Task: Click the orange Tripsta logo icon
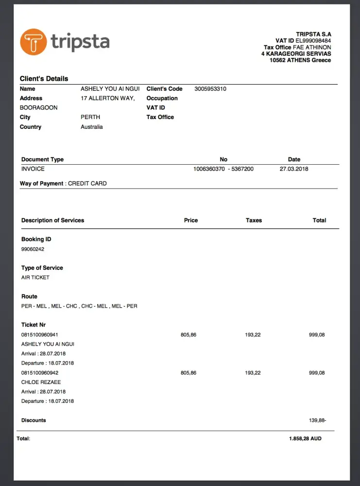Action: pos(33,42)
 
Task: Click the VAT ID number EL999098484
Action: pos(313,41)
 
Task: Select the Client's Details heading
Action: pos(44,79)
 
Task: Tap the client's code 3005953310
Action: pos(210,89)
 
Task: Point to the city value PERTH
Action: pos(90,117)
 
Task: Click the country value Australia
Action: pos(92,127)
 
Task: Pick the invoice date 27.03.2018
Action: pos(294,169)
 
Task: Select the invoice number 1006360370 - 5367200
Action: pos(223,169)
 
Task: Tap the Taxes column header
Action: pos(254,220)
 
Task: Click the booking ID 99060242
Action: pos(33,249)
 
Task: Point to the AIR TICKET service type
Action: pos(35,278)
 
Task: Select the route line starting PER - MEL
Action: pos(79,306)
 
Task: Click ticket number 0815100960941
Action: pos(40,334)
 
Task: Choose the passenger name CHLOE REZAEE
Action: pos(41,382)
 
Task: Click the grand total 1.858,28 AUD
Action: pos(305,438)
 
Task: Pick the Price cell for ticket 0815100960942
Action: pos(189,373)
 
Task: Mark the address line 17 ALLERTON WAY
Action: pos(107,98)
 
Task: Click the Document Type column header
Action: pos(42,159)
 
